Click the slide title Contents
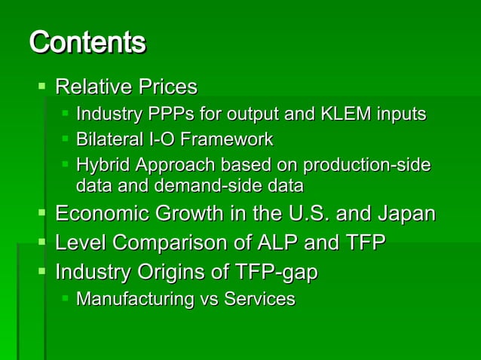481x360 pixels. pyautogui.click(x=87, y=42)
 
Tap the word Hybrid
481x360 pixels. pyautogui.click(x=102, y=165)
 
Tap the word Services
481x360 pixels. pyautogui.click(x=257, y=299)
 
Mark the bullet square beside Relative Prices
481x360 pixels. pyautogui.click(x=42, y=87)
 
